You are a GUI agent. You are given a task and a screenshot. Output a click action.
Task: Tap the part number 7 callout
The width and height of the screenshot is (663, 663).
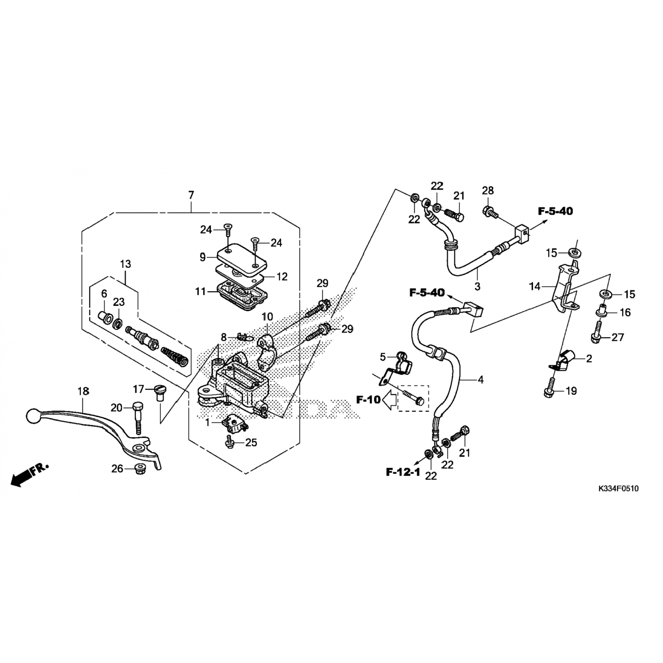tap(191, 195)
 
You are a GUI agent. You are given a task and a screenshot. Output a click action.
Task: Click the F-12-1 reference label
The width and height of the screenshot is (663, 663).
tap(403, 472)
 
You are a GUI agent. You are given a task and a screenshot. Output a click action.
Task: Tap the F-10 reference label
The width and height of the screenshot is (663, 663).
tap(368, 400)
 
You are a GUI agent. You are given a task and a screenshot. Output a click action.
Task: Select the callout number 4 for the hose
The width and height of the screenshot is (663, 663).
tap(480, 379)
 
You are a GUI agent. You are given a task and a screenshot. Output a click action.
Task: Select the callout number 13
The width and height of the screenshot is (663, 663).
tap(126, 264)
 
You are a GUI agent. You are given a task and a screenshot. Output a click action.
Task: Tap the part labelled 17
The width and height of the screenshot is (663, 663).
tap(159, 392)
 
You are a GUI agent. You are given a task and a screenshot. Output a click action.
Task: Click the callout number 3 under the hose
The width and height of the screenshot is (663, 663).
tap(477, 286)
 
